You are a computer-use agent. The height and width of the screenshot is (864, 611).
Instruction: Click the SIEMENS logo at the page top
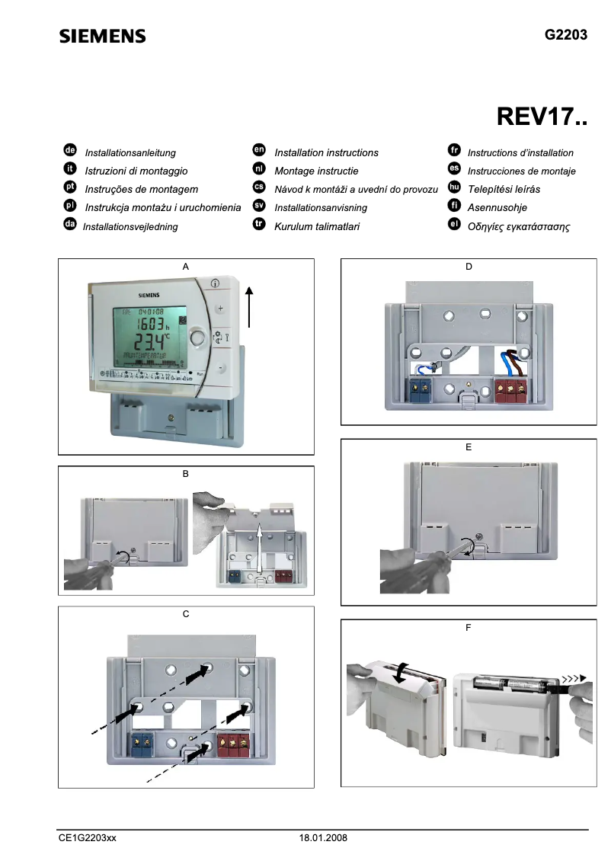pos(102,37)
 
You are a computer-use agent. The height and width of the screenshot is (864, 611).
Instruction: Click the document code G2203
pos(566,35)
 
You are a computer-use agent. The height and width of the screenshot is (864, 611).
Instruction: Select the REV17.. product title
pos(542,117)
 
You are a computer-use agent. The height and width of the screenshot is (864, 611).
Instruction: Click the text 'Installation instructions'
pos(326,153)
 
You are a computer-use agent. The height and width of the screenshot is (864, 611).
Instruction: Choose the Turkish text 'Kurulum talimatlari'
pos(317,226)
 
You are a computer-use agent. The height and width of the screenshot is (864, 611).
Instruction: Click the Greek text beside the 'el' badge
pos(519,227)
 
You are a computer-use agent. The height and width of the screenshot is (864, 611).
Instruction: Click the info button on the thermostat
pos(216,283)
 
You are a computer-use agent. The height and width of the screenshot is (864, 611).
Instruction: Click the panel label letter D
pos(469,267)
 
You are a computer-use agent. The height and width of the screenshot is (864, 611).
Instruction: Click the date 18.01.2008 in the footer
pos(323,837)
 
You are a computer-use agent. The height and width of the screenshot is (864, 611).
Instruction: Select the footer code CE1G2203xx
pos(88,837)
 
